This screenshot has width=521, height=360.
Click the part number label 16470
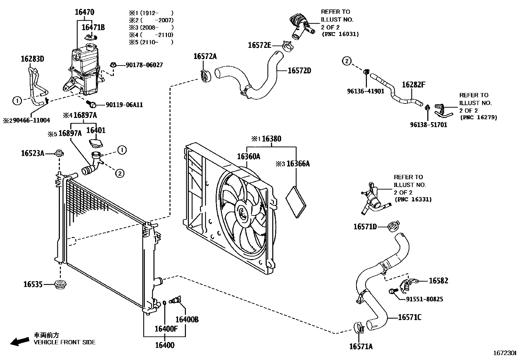tap(84, 12)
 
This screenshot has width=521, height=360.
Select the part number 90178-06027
tap(144, 65)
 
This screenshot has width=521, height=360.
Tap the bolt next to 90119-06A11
tap(92, 104)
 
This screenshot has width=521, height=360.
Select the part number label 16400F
tap(166, 329)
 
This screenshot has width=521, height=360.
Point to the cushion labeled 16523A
tap(59, 153)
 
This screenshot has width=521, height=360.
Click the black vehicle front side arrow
tap(19, 341)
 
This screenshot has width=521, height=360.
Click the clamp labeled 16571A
tap(359, 327)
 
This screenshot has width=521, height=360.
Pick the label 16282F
tap(413, 85)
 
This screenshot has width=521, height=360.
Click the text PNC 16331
tap(413, 199)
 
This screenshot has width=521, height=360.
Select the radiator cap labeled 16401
tap(96, 143)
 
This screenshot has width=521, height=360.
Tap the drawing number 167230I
tap(504, 353)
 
